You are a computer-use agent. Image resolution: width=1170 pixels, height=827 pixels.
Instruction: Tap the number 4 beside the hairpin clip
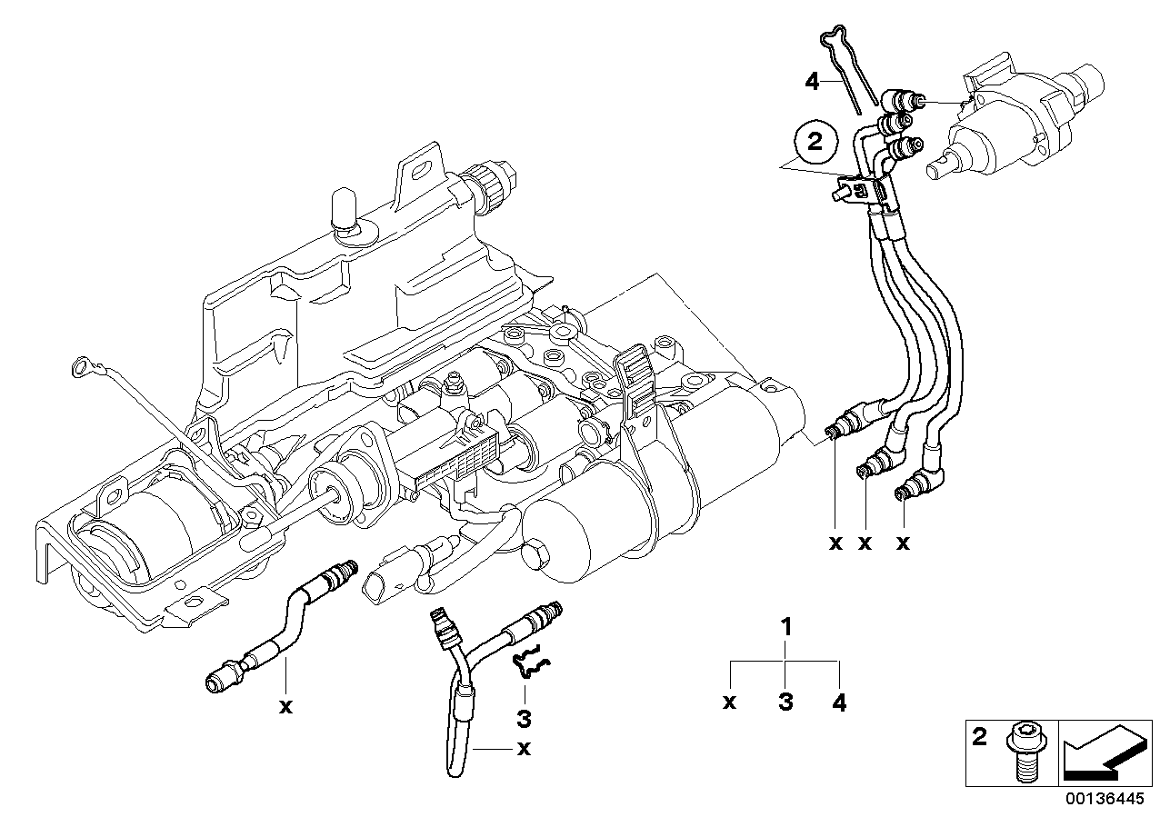tap(812, 82)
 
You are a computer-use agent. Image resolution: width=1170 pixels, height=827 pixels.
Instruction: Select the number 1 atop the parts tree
tap(787, 627)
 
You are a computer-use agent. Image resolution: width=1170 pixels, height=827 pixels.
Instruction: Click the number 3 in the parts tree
tap(785, 702)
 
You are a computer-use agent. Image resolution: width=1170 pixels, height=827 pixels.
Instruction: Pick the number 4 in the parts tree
tap(839, 702)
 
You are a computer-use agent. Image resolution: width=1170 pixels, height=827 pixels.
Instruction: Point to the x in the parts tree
tap(730, 702)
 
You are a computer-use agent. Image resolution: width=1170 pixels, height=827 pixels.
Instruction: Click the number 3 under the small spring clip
tap(524, 719)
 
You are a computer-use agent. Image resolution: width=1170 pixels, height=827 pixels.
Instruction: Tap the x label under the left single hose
tap(285, 707)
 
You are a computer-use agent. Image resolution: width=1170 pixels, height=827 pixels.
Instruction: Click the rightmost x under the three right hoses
tap(903, 543)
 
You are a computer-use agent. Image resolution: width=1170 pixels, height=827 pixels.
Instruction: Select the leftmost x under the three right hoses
tap(835, 543)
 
